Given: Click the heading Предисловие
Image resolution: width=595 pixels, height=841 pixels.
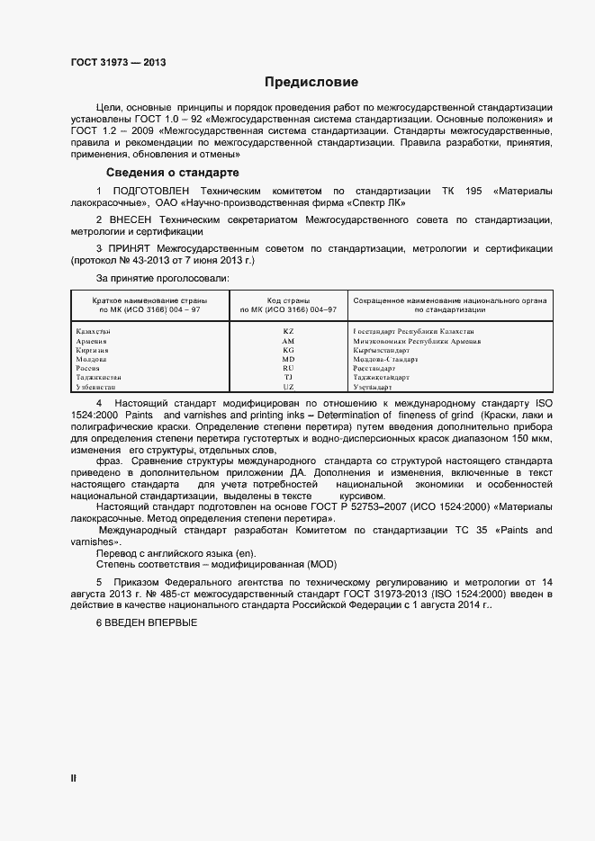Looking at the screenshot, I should click(298, 82).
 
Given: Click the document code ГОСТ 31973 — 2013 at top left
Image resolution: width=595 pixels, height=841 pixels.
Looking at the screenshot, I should click(118, 62).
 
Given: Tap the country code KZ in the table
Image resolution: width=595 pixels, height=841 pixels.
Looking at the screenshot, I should click(288, 332).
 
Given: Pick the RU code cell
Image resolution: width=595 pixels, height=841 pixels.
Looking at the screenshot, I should click(288, 368).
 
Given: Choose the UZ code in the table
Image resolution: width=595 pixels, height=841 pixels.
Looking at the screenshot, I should click(288, 386).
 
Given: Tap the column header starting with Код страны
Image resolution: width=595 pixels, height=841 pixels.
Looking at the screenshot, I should click(288, 304).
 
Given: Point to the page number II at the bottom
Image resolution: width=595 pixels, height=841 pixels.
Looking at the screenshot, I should click(73, 778).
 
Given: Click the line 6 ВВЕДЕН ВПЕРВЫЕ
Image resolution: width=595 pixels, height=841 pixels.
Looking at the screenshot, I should click(146, 624).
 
